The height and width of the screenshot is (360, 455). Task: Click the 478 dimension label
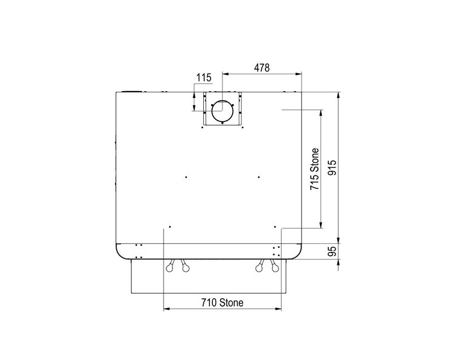click(262, 68)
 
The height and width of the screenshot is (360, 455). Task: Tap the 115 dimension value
click(204, 78)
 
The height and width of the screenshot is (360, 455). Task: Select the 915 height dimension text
click(332, 168)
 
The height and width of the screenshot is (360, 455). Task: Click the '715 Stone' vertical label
click(315, 169)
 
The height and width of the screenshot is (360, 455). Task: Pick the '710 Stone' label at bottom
click(222, 303)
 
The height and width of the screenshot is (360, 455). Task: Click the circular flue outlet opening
click(222, 111)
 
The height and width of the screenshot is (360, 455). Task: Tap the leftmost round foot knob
click(169, 268)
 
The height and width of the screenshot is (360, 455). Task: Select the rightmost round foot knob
click(275, 268)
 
